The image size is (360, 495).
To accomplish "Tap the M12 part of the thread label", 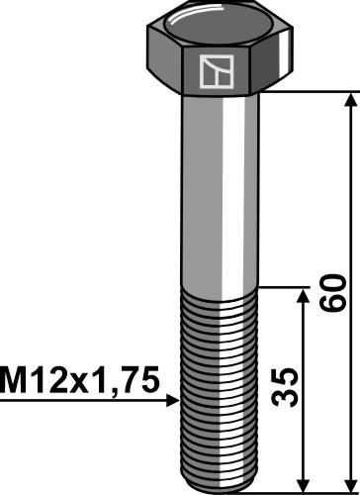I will pyautogui.click(x=37, y=380).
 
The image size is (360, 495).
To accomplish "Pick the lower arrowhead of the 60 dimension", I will pyautogui.click(x=347, y=480).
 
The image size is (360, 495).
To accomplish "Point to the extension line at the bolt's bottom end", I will pyautogui.click(x=307, y=488).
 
